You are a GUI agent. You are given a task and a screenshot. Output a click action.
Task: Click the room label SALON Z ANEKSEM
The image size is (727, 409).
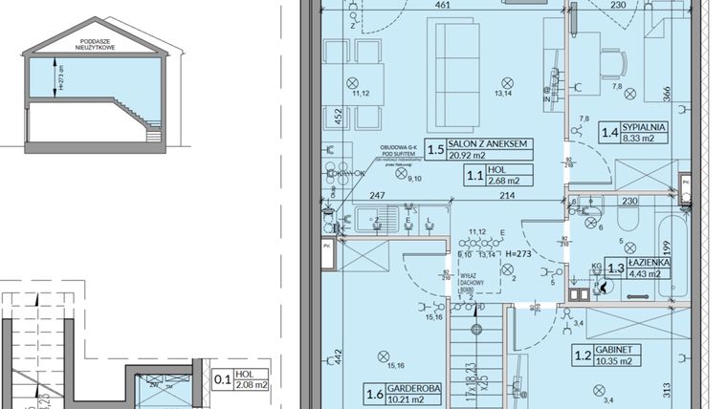coord(490,144)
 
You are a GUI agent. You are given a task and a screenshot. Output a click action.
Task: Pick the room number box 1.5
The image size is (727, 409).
coord(434,149)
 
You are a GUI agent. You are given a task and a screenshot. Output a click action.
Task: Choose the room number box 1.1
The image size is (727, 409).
coord(474,175)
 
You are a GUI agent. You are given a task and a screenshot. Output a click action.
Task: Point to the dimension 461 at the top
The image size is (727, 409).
coord(442,6)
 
